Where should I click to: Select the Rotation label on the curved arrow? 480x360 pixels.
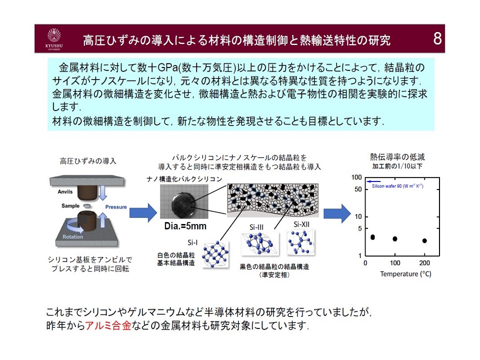pos(73,237)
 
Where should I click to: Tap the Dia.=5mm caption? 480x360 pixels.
pos(185,226)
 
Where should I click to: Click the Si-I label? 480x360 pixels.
pos(192,243)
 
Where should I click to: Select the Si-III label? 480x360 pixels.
pos(256,227)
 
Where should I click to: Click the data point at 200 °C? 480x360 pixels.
pos(424,240)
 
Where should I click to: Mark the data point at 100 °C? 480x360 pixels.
pos(395,239)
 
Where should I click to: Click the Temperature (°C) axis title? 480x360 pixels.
pos(405,274)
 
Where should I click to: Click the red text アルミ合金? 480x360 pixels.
pos(110,326)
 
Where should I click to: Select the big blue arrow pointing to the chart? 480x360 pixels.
pos(336,213)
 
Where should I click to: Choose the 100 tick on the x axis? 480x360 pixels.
pos(395,263)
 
